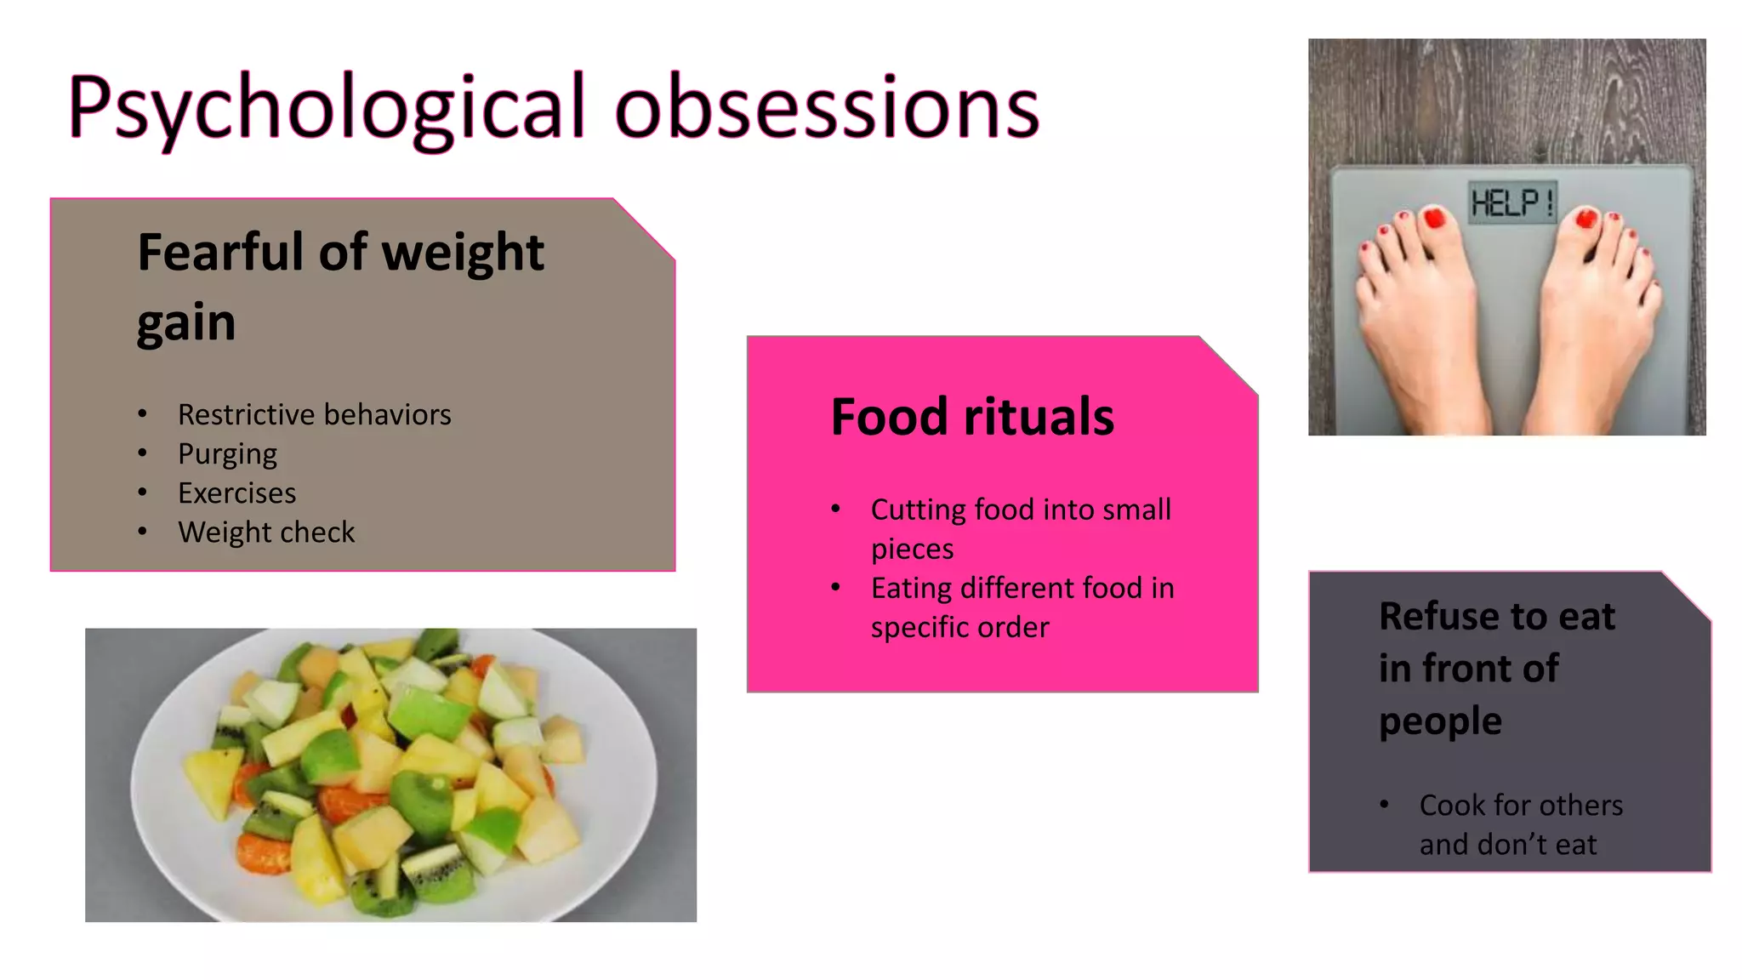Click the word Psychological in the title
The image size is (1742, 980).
tap(327, 109)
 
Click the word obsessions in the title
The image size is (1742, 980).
tap(827, 109)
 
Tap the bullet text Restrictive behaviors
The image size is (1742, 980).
tap(314, 415)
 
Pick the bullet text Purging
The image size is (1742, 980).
tap(227, 454)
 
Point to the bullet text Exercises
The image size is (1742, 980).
tap(236, 493)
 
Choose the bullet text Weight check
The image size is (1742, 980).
tap(266, 533)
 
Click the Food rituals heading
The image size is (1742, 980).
tap(971, 417)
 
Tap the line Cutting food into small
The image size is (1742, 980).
tap(1021, 510)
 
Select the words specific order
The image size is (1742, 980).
tap(959, 628)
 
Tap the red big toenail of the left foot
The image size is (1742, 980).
tap(1435, 218)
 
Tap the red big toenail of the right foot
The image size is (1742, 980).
tap(1586, 219)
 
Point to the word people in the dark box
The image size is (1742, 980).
tap(1440, 721)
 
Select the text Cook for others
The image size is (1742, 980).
tap(1521, 806)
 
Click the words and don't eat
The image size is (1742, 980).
tap(1507, 845)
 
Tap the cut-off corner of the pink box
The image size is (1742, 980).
tap(1229, 364)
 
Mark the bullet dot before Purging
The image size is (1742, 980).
tap(143, 453)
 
